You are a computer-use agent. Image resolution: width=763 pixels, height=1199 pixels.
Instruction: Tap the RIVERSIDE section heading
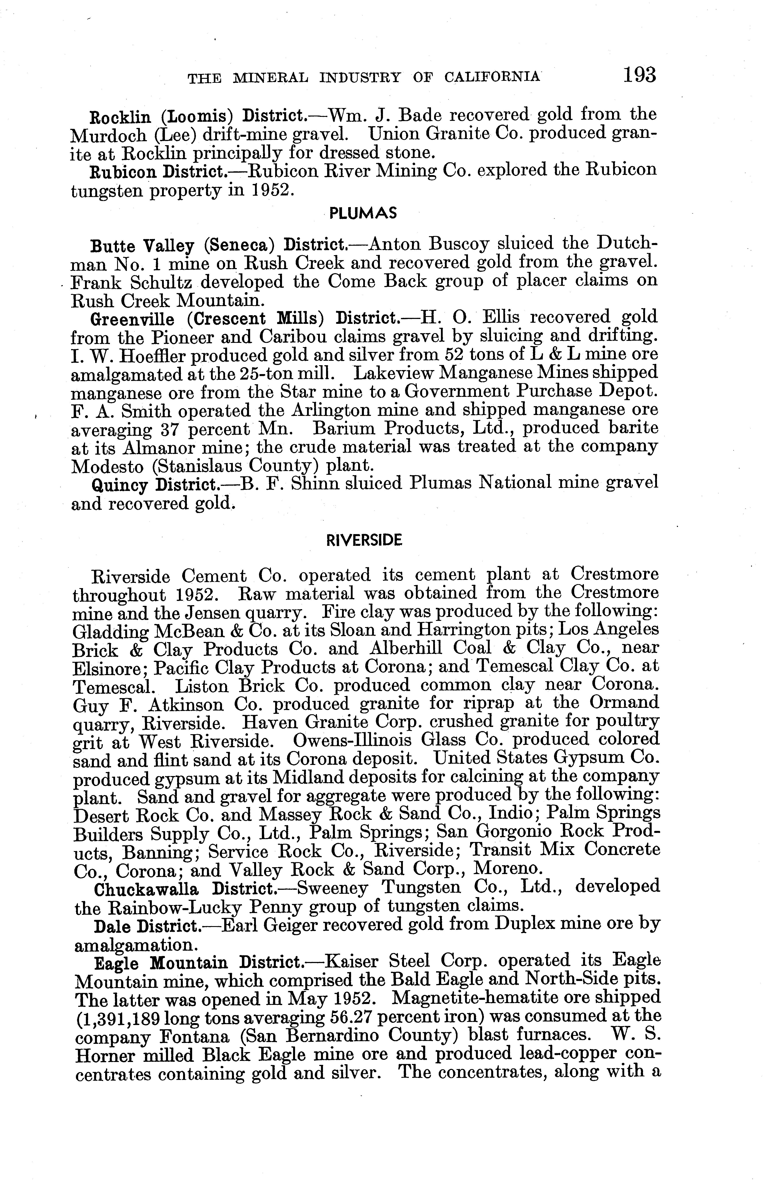point(363,540)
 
